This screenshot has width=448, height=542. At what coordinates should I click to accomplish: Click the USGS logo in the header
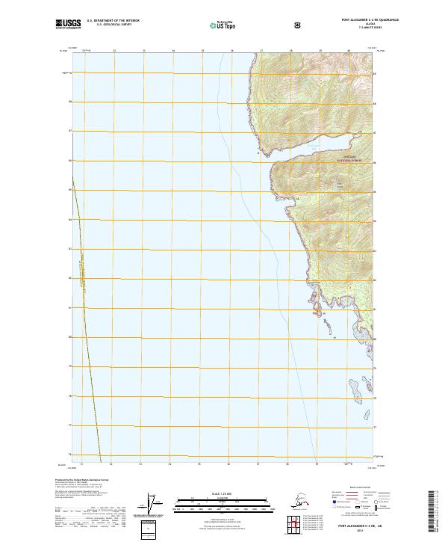[69, 24]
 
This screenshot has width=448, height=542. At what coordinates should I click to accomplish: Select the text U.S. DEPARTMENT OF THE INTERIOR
[113, 19]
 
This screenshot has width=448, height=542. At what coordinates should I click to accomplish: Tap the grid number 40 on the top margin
[348, 52]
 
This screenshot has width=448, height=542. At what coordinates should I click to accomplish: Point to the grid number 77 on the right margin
[375, 426]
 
